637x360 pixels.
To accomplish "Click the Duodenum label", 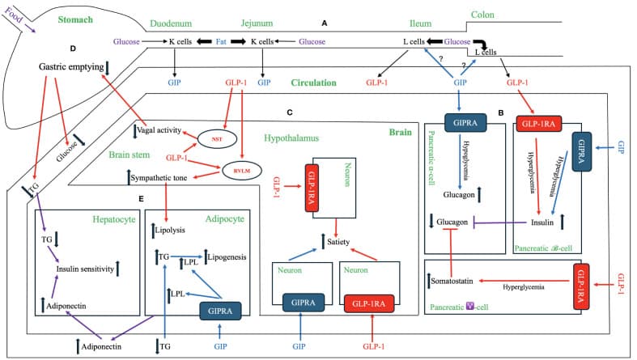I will click(x=172, y=25).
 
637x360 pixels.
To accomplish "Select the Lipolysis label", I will click(x=173, y=231).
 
